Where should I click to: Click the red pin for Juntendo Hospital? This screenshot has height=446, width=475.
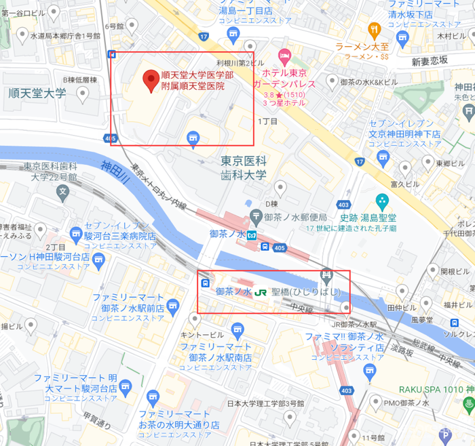pos(151,82)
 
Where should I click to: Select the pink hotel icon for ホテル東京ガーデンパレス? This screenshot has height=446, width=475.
pos(284,54)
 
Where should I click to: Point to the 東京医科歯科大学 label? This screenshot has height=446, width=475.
pos(244,168)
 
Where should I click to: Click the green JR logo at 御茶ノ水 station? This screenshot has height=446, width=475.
pos(260,293)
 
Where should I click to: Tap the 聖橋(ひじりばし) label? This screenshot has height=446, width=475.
pos(305,293)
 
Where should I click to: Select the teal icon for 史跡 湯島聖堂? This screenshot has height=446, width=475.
pos(381,201)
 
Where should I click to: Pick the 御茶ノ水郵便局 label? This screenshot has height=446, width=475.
pos(296,218)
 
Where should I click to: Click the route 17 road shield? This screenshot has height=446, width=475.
pos(204,35)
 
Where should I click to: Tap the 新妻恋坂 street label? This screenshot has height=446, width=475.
pos(430,61)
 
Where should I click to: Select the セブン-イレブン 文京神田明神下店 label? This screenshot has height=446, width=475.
pos(405,129)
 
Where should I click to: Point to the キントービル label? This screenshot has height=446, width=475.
pos(202,335)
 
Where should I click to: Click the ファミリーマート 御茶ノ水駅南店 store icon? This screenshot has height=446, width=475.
pos(237,331)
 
